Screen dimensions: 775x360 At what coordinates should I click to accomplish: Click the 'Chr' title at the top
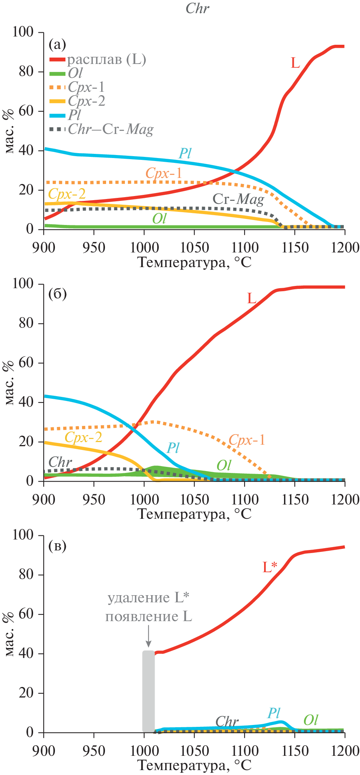pos(197,8)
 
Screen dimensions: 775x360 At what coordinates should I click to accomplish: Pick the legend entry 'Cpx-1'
pos(86,87)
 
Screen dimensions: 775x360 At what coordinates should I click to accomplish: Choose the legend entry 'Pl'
pos(74,115)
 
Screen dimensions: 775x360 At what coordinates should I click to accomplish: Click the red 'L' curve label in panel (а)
pos(295,63)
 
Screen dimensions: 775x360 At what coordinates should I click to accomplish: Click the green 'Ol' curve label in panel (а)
pos(159,219)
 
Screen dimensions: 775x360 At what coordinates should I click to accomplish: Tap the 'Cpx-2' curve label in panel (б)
pos(84,437)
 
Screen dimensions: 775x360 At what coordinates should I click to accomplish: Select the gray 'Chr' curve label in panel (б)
pos(60,462)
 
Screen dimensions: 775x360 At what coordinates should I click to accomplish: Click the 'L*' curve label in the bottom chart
pos(270,567)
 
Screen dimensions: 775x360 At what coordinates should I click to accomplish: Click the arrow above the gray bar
pos(148,635)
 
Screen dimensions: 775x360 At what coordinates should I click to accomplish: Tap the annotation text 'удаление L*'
pos(149,598)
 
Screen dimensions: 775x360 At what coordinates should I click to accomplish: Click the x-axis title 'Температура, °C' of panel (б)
pos(194,514)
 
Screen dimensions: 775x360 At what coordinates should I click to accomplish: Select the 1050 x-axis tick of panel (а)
pos(194,248)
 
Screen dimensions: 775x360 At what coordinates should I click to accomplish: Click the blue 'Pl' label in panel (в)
pos(274,713)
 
